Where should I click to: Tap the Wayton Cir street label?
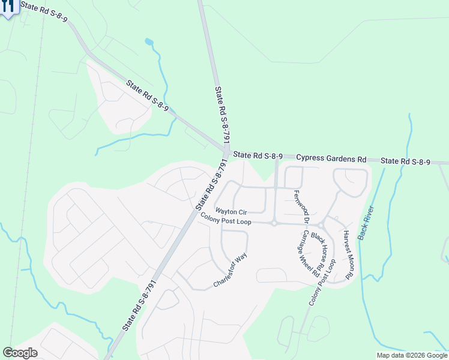pos(231,212)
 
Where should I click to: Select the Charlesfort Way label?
pos(230,271)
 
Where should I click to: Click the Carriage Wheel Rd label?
pos(310,253)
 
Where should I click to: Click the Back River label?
pos(366,223)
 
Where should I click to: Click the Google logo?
pos(20,353)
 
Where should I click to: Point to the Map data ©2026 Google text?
pos(411,355)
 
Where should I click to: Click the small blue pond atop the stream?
pos(149,42)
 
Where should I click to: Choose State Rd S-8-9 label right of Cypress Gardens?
pos(406,161)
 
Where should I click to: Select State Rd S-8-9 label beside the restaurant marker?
pos(43,12)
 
